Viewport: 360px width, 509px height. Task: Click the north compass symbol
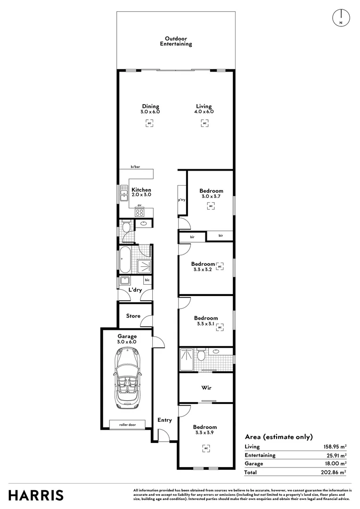(341, 17)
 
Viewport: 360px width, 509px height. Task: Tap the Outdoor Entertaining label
(176, 41)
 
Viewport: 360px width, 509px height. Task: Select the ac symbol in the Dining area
(149, 123)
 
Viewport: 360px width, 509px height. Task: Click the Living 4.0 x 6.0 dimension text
(204, 112)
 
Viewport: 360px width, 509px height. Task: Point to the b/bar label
(135, 167)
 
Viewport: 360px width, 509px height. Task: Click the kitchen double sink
(123, 193)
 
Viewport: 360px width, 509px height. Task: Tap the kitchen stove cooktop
(139, 213)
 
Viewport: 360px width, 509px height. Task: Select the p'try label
(181, 200)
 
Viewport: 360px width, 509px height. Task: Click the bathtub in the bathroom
(125, 260)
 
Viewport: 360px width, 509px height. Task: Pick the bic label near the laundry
(147, 280)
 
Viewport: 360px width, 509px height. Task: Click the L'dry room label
(135, 290)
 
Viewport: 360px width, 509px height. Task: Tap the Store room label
(133, 316)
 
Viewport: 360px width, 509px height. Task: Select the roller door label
(127, 425)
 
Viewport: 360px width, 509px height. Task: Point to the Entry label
(164, 420)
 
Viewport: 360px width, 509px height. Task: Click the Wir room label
(206, 387)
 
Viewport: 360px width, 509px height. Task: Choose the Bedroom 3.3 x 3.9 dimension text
(205, 433)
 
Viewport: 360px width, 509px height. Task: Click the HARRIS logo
(36, 495)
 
